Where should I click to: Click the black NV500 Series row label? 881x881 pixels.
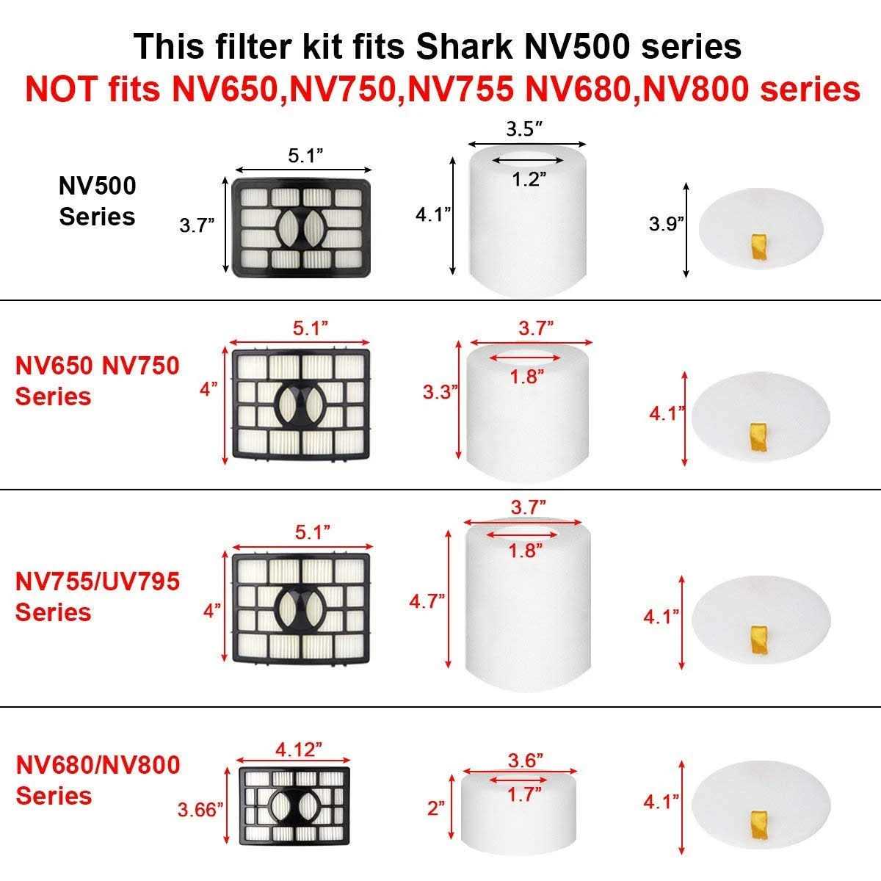(98, 201)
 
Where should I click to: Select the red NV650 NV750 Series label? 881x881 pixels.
(98, 380)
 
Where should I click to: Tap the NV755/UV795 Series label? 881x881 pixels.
(98, 596)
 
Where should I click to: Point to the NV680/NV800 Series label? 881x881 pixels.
(98, 780)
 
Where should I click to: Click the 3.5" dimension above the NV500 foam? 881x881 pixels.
(525, 129)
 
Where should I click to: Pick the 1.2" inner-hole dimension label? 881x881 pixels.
(526, 178)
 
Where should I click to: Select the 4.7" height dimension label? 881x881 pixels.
(427, 601)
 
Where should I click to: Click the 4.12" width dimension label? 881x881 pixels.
(299, 750)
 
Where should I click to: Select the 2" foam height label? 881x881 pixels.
(436, 808)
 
